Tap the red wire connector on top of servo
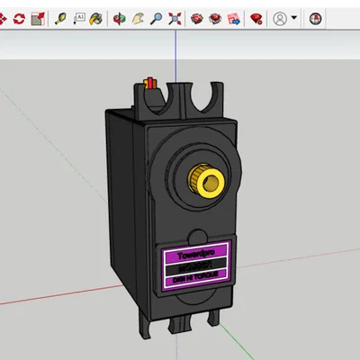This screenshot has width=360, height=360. [x=151, y=85]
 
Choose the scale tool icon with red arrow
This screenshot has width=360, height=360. [x=37, y=17]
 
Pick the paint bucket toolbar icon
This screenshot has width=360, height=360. [x=97, y=17]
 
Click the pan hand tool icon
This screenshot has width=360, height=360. [x=138, y=17]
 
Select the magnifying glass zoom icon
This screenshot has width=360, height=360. [x=156, y=17]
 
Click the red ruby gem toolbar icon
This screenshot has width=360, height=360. [x=256, y=17]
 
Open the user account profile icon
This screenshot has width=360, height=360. [x=280, y=17]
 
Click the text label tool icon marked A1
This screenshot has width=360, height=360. [x=78, y=17]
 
